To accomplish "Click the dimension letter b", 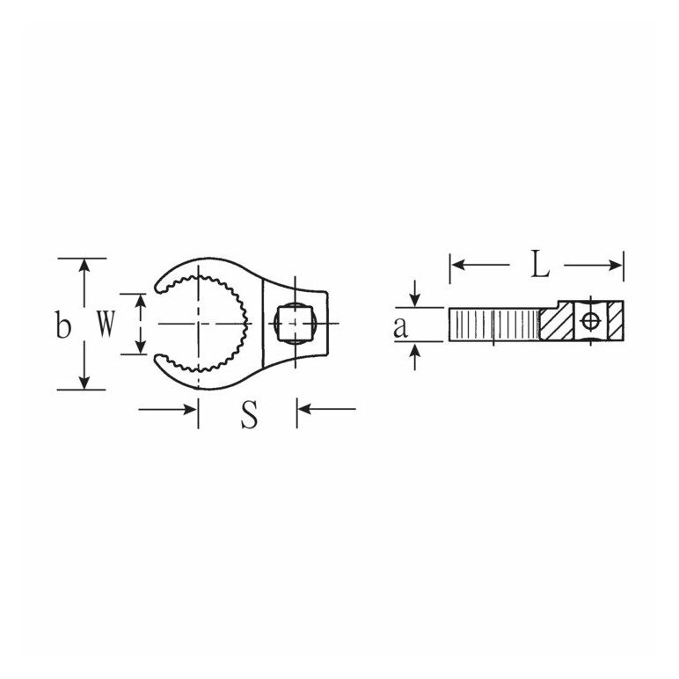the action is [63, 324].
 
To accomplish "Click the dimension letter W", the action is [106, 325].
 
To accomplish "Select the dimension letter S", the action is [249, 415].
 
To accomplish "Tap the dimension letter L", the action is [540, 265].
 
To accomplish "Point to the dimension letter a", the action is [400, 328].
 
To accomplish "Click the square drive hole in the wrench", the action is [292, 323].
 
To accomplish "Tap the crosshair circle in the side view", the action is [590, 321].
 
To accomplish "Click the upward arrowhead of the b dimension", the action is [84, 265].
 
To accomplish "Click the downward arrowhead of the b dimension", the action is [84, 383].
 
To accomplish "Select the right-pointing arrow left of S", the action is [168, 409].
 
